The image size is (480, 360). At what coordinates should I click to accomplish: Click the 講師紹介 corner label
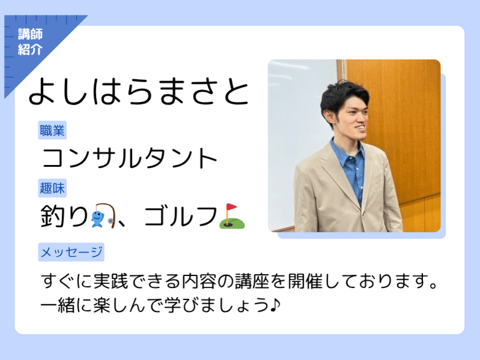[x=30, y=41]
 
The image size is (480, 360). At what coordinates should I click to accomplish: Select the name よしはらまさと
[x=139, y=92]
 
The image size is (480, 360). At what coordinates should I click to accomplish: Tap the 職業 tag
[x=52, y=130]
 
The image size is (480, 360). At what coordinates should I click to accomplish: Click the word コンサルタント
[x=129, y=158]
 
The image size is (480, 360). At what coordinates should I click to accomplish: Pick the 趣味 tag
[x=52, y=188]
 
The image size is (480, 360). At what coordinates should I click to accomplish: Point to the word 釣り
[x=64, y=216]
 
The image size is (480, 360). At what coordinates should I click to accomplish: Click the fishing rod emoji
[x=103, y=215]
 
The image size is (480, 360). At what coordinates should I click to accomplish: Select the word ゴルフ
[x=181, y=216]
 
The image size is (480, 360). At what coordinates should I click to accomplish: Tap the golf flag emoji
[x=232, y=216]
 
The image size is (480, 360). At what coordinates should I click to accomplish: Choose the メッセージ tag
[x=71, y=252]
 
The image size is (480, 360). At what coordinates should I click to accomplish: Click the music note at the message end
[x=275, y=305]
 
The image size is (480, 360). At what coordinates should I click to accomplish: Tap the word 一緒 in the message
[x=58, y=305]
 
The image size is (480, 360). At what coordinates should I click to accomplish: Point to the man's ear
[x=329, y=118]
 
